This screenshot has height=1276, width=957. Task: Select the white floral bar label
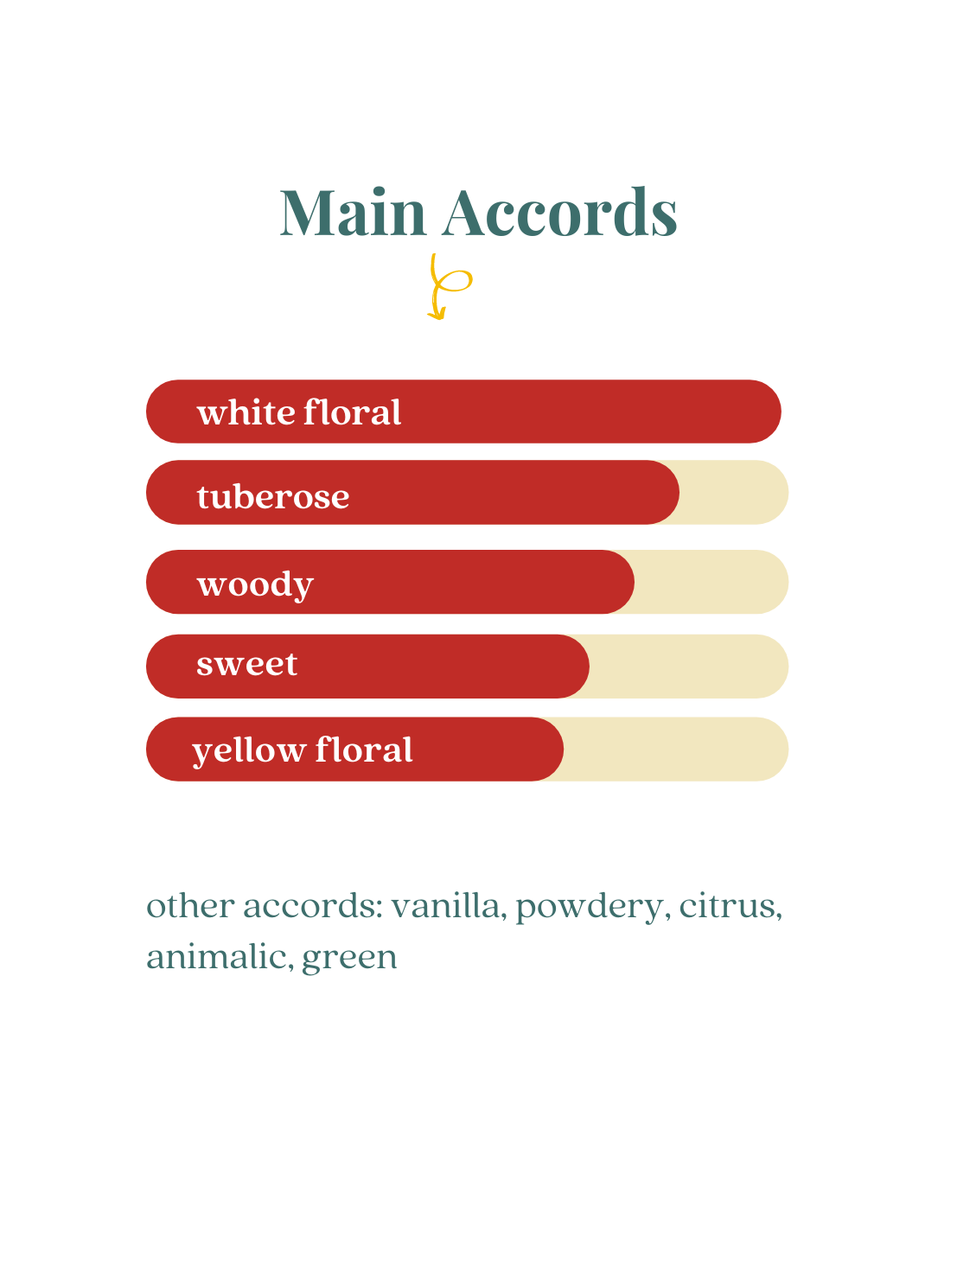click(x=298, y=412)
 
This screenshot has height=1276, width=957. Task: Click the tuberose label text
click(x=273, y=497)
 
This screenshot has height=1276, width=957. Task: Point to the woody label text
click(x=255, y=584)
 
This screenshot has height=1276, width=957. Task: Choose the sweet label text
click(x=247, y=665)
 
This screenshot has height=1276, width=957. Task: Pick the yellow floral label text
click(x=303, y=750)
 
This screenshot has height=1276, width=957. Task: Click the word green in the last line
click(x=349, y=960)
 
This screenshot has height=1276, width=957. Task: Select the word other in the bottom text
click(x=190, y=906)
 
